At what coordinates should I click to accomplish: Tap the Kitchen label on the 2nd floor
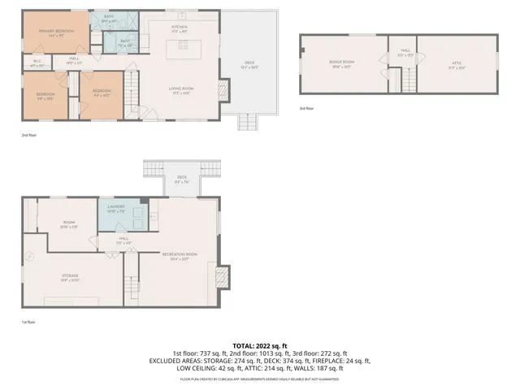[x=180, y=28]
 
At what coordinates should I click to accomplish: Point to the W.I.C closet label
[x=37, y=63]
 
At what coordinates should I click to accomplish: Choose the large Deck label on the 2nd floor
[x=249, y=64]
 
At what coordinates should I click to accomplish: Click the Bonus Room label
[x=342, y=63]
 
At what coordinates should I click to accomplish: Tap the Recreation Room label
[x=180, y=256]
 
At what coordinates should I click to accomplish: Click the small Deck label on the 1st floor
[x=181, y=180]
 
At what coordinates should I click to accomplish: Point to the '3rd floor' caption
[x=306, y=108]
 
